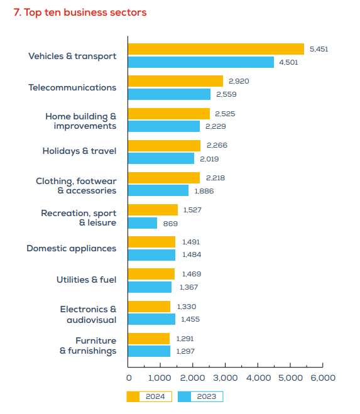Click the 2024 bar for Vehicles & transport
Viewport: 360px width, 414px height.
click(216, 49)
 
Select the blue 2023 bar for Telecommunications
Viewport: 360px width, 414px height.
click(169, 94)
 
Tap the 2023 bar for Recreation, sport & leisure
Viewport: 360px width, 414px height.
click(143, 223)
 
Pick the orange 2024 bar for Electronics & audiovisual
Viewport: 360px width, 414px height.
click(150, 307)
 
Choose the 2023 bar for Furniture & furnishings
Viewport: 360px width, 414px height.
click(150, 351)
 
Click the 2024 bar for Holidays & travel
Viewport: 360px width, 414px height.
click(164, 146)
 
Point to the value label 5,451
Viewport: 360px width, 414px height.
click(319, 49)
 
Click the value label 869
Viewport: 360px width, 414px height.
click(170, 224)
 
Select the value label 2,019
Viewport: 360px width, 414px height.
click(209, 159)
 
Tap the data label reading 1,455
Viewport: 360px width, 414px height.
click(190, 319)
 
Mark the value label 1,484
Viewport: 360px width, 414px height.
click(192, 254)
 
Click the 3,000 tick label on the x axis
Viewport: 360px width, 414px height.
click(226, 378)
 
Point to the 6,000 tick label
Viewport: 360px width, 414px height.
click(323, 378)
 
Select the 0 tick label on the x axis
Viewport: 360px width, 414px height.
click(129, 378)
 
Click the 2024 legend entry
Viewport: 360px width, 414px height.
click(150, 396)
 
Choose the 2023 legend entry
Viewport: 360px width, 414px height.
click(200, 396)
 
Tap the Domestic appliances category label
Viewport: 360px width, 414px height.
click(72, 249)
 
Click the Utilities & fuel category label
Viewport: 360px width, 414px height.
click(86, 280)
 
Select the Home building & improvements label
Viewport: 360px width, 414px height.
click(81, 121)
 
